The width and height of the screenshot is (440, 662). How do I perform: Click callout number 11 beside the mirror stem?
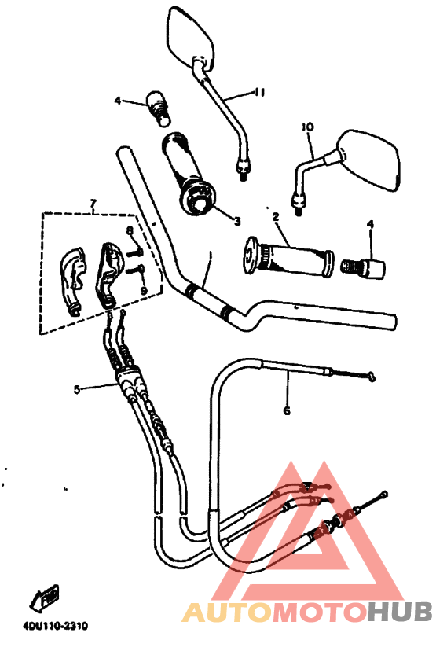click(x=259, y=92)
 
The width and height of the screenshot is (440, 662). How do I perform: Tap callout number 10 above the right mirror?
click(x=307, y=127)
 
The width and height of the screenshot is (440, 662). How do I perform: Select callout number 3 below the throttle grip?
click(x=237, y=221)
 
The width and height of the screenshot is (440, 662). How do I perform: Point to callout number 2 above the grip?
click(x=276, y=217)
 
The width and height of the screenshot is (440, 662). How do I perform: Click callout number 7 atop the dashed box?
click(x=93, y=204)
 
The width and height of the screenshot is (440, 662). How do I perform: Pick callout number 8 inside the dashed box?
click(x=130, y=230)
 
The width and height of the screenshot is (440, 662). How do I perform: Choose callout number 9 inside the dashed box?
click(x=144, y=290)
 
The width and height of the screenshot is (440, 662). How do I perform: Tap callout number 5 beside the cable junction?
click(x=76, y=389)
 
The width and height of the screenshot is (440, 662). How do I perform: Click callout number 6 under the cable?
click(x=287, y=410)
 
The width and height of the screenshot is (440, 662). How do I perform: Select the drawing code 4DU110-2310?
click(x=55, y=626)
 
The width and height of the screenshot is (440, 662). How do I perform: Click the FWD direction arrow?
click(x=43, y=598)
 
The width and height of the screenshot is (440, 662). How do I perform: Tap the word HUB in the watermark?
click(x=399, y=612)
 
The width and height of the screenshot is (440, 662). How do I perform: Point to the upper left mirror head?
click(x=191, y=36)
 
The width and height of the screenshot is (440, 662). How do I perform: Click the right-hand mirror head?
click(x=368, y=160)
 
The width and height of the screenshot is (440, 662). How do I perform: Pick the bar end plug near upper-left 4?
click(x=158, y=108)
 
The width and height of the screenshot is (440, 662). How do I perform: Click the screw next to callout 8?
click(x=135, y=253)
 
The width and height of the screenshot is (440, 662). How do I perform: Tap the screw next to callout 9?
click(x=134, y=267)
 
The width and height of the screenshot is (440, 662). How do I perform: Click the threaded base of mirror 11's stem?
click(x=243, y=167)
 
